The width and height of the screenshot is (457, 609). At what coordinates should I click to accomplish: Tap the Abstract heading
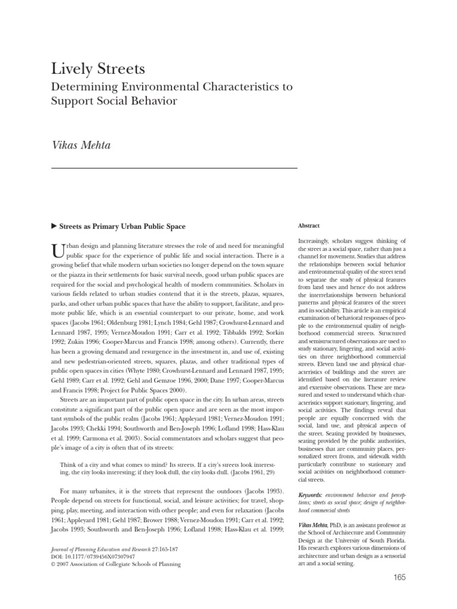point(308,226)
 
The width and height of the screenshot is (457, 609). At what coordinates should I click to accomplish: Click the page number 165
point(399,577)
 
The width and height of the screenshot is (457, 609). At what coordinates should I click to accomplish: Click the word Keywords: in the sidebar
point(310,495)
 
